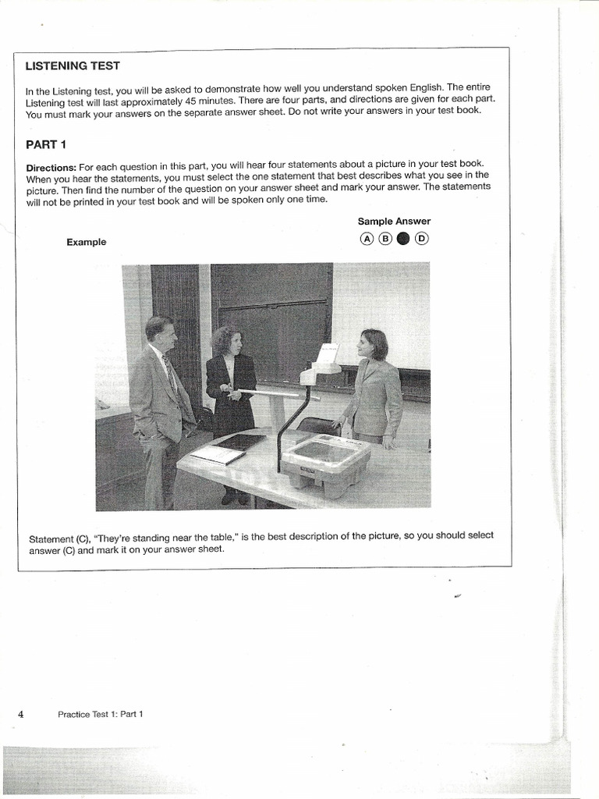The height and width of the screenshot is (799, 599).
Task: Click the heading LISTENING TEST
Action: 73,66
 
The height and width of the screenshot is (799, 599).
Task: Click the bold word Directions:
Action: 51,167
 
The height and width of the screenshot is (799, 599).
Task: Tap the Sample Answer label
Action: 394,222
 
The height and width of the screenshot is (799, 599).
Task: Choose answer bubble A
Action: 366,239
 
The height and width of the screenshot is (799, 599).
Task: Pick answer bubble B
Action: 385,239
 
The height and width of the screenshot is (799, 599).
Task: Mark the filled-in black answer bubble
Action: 402,239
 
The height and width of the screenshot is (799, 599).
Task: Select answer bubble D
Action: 421,239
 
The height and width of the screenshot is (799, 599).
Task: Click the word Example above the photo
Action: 86,242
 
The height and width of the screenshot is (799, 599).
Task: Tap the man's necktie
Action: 171,375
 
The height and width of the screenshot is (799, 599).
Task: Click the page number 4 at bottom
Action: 21,713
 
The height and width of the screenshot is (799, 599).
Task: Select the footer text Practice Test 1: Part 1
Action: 101,714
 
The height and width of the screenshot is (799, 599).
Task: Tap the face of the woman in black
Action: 232,342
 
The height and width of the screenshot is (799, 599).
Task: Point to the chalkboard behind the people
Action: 273,312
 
